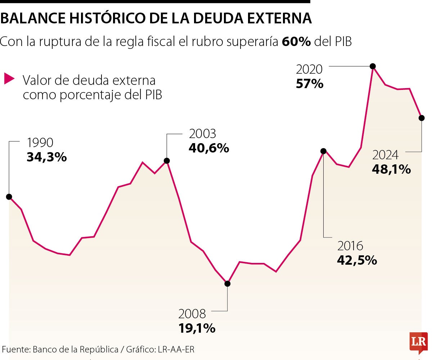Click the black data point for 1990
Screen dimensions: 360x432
(9, 197)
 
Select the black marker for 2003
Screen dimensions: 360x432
(167, 161)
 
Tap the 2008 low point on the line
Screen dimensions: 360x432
(227, 283)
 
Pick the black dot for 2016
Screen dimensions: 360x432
(323, 151)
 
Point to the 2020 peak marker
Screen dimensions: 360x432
(373, 66)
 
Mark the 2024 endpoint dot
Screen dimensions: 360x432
(422, 118)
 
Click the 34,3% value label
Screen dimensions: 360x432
(47, 157)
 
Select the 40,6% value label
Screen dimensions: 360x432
(209, 148)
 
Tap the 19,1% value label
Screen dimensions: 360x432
(197, 328)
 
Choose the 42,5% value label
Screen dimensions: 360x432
(357, 260)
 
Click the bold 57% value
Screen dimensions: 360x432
(310, 84)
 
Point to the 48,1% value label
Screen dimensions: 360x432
(391, 169)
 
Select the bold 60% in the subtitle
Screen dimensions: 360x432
(296, 42)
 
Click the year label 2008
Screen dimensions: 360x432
(192, 314)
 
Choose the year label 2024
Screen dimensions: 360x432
(386, 155)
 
